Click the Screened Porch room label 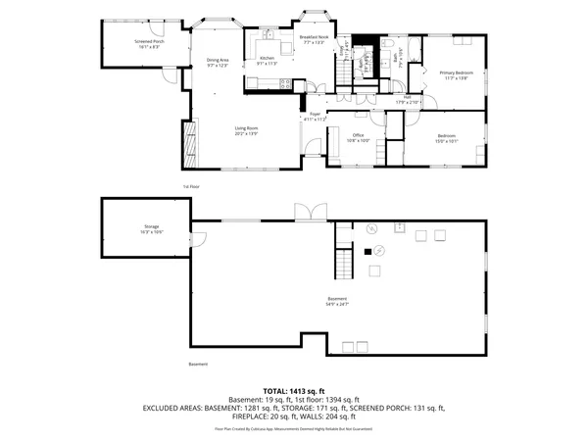(149, 43)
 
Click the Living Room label (245, 130)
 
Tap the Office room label (359, 137)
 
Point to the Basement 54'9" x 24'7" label (337, 302)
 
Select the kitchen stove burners (285, 85)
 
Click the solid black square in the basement (369, 252)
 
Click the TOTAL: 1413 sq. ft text (293, 390)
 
